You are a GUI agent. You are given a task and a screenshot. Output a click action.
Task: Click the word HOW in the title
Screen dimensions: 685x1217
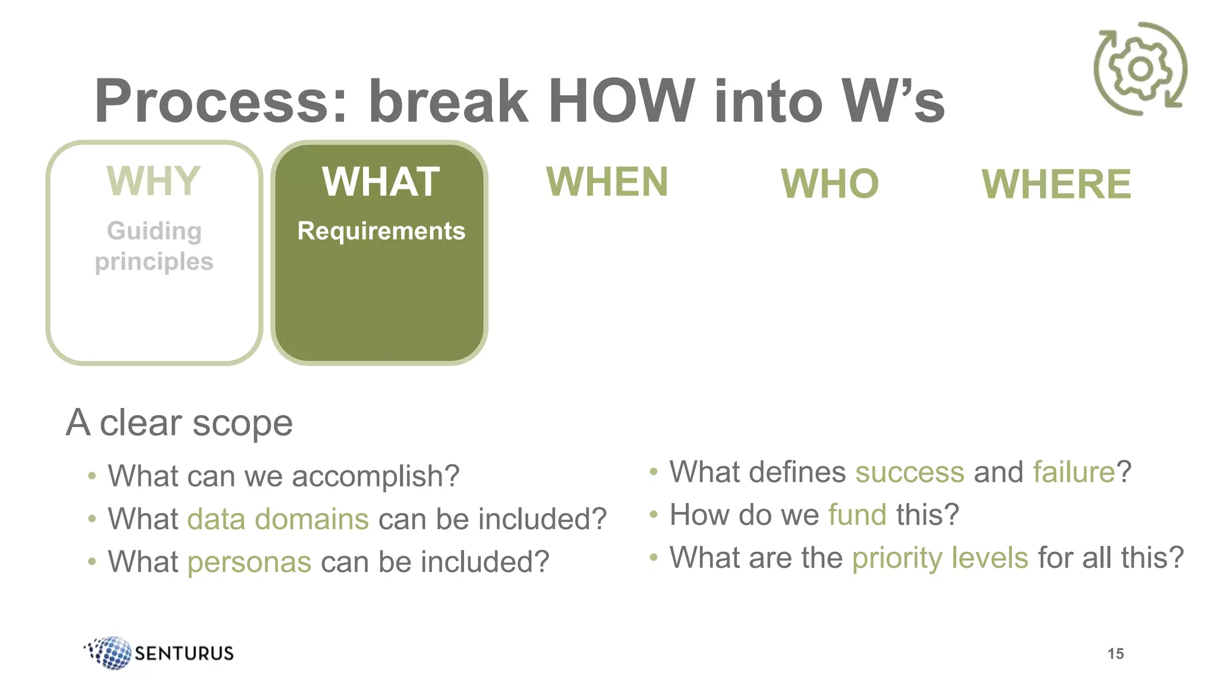621,101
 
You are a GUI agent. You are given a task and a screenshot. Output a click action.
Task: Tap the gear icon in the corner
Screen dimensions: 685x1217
1140,69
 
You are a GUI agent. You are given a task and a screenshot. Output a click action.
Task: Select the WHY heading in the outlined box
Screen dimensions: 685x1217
154,181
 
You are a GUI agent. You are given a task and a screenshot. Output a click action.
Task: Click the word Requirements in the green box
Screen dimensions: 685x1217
381,231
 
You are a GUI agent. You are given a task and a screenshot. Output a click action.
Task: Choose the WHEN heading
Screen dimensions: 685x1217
607,182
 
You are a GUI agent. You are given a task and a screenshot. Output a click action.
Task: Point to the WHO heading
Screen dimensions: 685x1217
830,184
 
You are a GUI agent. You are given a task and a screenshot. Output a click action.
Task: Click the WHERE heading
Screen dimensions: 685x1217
1056,184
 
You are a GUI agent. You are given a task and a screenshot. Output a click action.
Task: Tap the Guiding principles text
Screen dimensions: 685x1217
154,246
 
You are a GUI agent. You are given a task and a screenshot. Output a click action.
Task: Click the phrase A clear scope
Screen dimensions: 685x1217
179,423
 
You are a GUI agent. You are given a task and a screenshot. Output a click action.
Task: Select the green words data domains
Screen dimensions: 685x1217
278,519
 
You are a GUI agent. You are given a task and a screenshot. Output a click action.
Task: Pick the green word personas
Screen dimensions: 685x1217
250,562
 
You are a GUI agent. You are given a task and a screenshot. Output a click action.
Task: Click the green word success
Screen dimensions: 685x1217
909,472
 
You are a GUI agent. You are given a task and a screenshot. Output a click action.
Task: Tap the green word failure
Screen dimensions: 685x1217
1074,472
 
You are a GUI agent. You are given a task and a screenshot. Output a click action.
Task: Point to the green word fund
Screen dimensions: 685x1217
857,515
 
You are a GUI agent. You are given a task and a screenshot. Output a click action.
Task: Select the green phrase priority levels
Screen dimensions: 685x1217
940,558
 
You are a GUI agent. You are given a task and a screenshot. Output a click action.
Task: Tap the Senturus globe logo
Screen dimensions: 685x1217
109,652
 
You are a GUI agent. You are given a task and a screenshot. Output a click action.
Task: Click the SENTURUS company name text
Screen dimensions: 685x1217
184,653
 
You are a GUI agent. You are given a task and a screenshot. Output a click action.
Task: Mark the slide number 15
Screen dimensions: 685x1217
1115,654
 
